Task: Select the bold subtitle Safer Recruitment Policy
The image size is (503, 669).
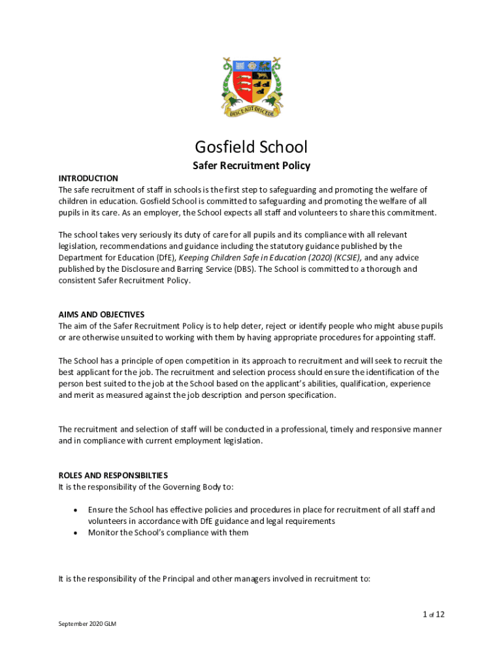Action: [252, 166]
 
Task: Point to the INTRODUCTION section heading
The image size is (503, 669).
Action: [88, 178]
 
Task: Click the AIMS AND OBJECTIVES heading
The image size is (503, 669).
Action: [101, 314]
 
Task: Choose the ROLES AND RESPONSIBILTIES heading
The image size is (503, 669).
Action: [112, 475]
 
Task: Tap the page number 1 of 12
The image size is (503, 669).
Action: [433, 614]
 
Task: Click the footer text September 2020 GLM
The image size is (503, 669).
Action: [88, 624]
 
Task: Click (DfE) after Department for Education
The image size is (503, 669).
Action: [165, 257]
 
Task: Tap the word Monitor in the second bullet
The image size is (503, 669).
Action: [103, 532]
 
